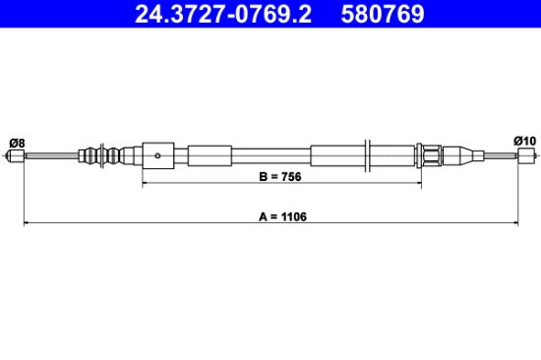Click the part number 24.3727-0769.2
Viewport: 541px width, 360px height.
pos(223,14)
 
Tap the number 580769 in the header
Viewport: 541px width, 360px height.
pos(383,14)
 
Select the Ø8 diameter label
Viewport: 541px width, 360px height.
pos(17,143)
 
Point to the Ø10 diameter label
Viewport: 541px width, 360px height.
pos(524,141)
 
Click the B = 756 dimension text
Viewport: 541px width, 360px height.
pos(280,177)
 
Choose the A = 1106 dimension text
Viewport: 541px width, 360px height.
pos(282,216)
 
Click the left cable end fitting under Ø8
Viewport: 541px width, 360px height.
pos(16,155)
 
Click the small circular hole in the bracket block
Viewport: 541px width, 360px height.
pos(157,155)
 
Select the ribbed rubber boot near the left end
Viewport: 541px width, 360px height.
pos(100,155)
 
